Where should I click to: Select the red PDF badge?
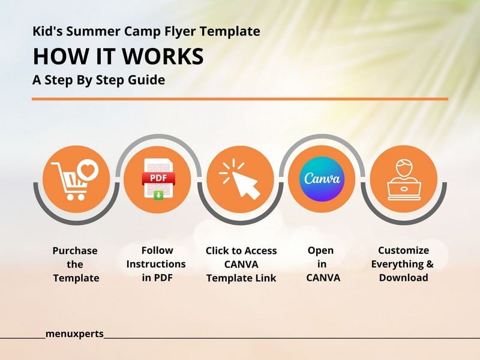pyautogui.click(x=158, y=178)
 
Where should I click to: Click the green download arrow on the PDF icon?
pyautogui.click(x=158, y=195)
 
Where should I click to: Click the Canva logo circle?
pyautogui.click(x=322, y=179)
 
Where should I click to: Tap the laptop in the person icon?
pyautogui.click(x=404, y=191)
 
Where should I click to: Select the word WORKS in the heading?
pyautogui.click(x=163, y=56)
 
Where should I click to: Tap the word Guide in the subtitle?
pyautogui.click(x=146, y=80)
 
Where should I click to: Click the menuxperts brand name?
pyautogui.click(x=74, y=334)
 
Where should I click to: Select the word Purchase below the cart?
pyautogui.click(x=75, y=251)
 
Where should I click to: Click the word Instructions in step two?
pyautogui.click(x=156, y=264)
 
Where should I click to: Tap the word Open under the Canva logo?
pyautogui.click(x=320, y=251)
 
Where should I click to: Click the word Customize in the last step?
pyautogui.click(x=403, y=250)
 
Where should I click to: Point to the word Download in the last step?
pyautogui.click(x=403, y=278)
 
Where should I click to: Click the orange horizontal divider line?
pyautogui.click(x=240, y=99)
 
